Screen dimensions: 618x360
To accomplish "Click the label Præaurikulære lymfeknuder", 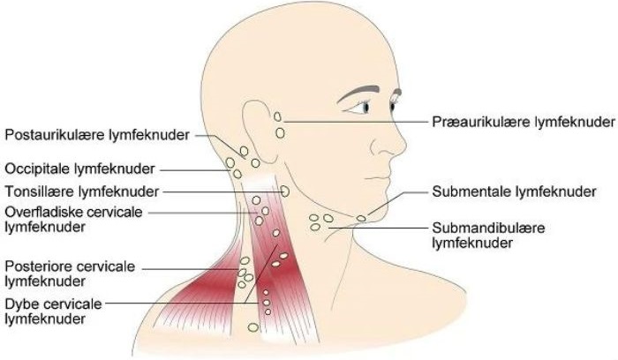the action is coord(524,122).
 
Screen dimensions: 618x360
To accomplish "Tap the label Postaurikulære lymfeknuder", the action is coord(97,135).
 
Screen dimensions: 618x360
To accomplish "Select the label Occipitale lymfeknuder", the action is coord(79,169).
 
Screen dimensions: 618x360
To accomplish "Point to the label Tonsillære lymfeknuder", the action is coord(81,191).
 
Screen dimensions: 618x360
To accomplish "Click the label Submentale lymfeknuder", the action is coord(514,191).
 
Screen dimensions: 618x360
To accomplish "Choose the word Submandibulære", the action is coord(488,228).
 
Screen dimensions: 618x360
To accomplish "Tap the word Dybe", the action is coord(20,304).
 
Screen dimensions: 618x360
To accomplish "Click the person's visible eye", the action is coord(364,107).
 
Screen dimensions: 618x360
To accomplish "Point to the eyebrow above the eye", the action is coord(358,94).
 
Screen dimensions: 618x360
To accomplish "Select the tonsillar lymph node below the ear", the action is coord(285,191).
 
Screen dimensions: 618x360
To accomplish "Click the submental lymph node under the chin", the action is coord(361,218).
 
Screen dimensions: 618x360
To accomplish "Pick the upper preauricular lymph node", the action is coord(277,116).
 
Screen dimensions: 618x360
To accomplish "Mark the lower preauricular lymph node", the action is coord(280,133).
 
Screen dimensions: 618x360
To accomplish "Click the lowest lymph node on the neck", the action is coord(253,327).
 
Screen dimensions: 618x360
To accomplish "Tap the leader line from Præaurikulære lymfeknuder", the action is coord(356,122).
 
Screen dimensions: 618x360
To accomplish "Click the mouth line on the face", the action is coord(377,178).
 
